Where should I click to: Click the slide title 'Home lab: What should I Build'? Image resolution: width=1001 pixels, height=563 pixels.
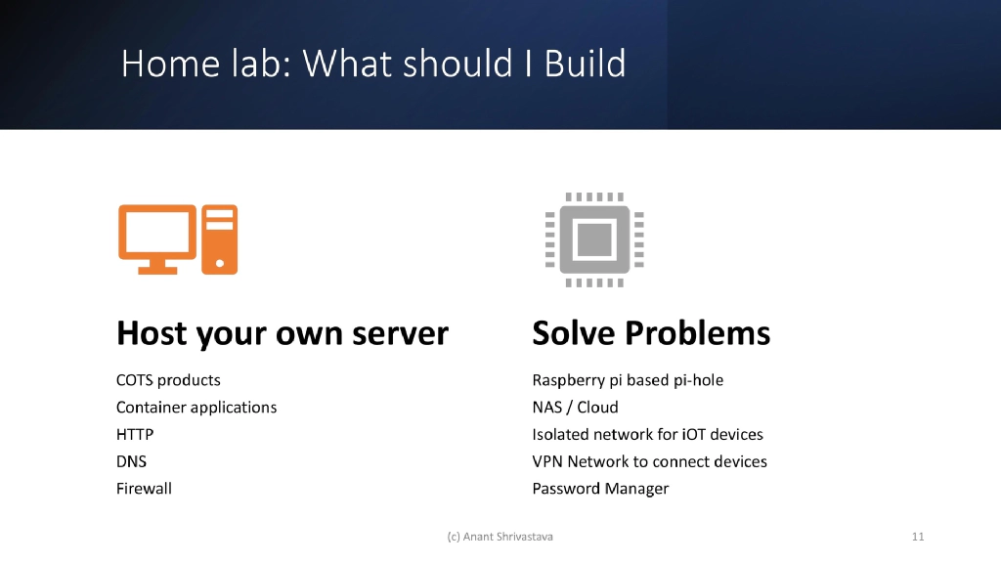point(373,65)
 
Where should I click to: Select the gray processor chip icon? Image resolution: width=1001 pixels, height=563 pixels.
point(594,239)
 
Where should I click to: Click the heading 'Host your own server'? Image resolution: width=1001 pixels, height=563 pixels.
point(282,334)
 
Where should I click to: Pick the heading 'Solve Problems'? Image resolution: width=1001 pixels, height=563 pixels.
point(650,334)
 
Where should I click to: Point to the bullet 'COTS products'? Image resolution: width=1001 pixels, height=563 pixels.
point(168,380)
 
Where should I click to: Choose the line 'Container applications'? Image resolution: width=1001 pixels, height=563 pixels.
point(196,408)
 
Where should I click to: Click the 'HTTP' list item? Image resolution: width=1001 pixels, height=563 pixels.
point(135,435)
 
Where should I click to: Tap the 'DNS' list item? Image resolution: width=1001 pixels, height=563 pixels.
point(131,461)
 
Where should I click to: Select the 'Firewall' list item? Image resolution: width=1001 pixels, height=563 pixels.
point(144,489)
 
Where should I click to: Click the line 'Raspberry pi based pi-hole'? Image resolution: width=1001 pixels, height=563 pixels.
point(628,380)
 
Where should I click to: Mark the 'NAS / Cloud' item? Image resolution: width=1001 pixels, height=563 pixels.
point(575,408)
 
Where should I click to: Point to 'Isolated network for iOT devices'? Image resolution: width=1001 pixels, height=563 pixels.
point(647,435)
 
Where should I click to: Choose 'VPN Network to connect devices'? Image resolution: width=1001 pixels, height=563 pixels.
point(649,461)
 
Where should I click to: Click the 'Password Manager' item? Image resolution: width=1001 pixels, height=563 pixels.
point(600,489)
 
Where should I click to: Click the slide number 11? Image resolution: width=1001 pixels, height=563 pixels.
point(917,537)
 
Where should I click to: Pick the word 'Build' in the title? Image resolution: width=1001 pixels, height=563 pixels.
point(585,65)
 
